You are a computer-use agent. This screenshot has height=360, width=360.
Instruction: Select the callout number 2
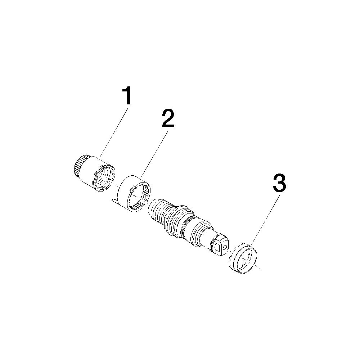(x=168, y=118)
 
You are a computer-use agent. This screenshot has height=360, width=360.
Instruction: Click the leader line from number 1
(x=113, y=131)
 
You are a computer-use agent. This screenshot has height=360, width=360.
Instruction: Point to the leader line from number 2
(x=155, y=153)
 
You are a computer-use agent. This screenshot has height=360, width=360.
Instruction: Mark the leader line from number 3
(x=265, y=220)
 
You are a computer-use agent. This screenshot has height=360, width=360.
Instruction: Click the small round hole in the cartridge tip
(x=224, y=247)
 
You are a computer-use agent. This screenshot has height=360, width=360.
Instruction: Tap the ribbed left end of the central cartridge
(x=158, y=209)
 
